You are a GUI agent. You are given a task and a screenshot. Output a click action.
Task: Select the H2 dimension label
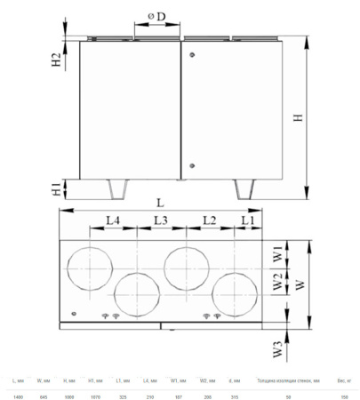point(56,60)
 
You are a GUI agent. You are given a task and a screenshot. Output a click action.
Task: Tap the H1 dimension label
point(56,188)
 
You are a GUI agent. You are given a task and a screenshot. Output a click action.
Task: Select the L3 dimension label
point(160,219)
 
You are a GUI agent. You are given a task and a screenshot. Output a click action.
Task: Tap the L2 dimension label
point(209,219)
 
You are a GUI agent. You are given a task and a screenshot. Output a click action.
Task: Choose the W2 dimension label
point(277,284)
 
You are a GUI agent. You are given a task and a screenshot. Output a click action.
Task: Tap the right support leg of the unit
point(242,189)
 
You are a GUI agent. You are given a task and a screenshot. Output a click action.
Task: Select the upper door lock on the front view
point(192,52)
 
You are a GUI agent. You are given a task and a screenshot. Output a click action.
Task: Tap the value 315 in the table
point(233,396)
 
